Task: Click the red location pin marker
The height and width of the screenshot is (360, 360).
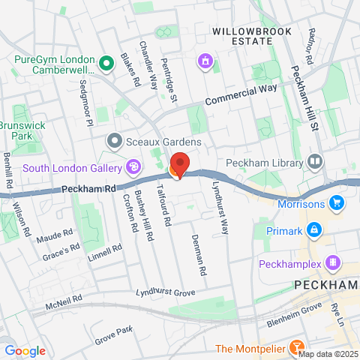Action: tap(179, 164)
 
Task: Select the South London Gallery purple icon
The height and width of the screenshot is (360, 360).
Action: tap(133, 166)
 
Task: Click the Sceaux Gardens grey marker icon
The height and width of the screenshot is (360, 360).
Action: tap(114, 139)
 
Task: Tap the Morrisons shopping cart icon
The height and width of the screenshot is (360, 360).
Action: tap(337, 202)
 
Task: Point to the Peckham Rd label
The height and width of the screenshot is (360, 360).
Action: tap(89, 190)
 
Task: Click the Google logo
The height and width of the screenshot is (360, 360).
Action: tap(25, 350)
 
